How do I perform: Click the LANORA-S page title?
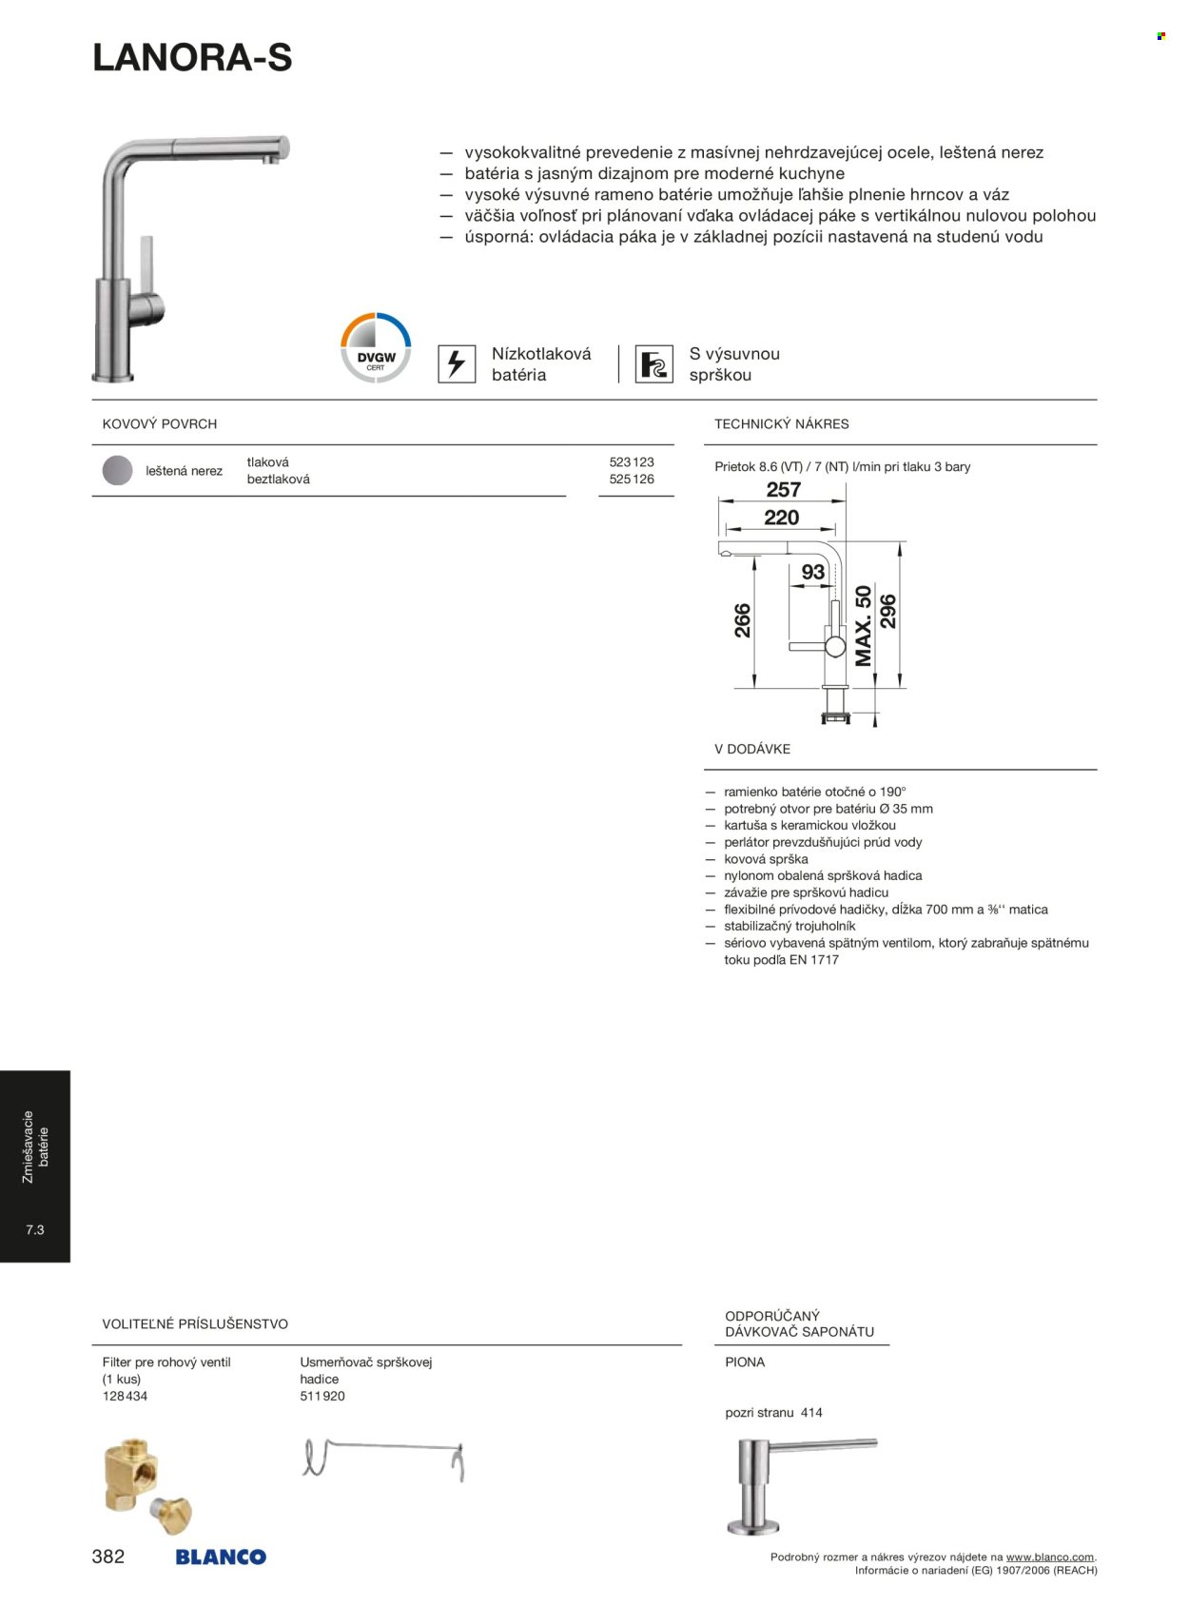(x=192, y=59)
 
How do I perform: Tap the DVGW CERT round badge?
(x=376, y=348)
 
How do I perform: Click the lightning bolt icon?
(x=457, y=363)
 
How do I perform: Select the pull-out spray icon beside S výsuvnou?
(x=653, y=363)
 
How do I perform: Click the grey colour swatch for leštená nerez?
(x=117, y=471)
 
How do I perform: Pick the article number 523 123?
(x=632, y=462)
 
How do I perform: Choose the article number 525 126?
(x=632, y=480)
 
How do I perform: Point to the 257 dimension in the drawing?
(x=784, y=490)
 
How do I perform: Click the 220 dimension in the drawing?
(x=781, y=518)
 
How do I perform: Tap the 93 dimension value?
(x=813, y=573)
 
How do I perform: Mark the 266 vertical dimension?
(x=743, y=620)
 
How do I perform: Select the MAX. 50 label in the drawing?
(x=864, y=625)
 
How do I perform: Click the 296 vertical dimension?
(x=887, y=612)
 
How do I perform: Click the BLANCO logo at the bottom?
(x=221, y=1557)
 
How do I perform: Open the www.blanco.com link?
(x=1050, y=1557)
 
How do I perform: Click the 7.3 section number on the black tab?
(x=35, y=1230)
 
